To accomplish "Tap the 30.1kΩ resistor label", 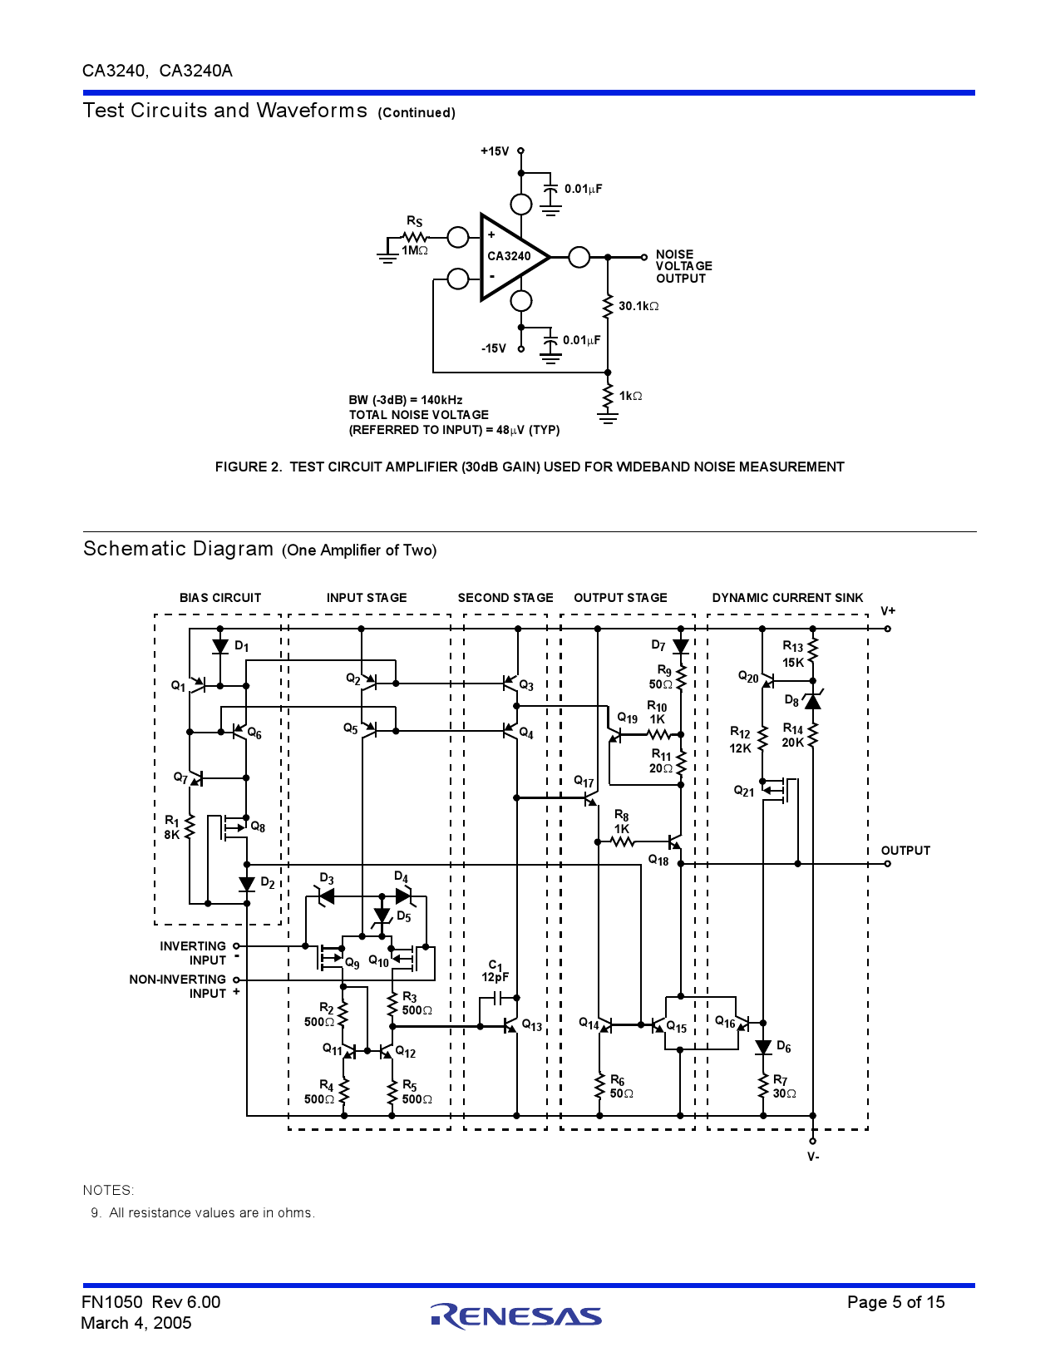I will [x=638, y=306].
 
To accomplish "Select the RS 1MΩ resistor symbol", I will [x=414, y=238].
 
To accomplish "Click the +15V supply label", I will [x=495, y=151].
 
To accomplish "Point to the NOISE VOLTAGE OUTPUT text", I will [x=683, y=266].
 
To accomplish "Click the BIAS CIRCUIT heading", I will [x=220, y=598].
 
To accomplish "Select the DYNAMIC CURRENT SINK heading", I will [x=787, y=598].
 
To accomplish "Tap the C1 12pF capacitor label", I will [x=495, y=971].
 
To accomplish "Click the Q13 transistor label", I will [x=532, y=1025].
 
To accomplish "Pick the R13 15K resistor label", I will [x=793, y=654].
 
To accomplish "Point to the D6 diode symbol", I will [x=763, y=1048].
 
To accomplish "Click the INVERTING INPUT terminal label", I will [x=193, y=953].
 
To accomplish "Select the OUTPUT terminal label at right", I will [x=905, y=851].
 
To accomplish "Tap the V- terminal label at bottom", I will [x=813, y=1157].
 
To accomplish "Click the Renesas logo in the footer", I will [x=516, y=1315].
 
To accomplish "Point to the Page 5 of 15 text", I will [x=895, y=1302].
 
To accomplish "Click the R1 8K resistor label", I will [x=172, y=827].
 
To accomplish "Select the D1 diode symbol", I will [x=220, y=646].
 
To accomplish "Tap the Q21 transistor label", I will [x=744, y=791].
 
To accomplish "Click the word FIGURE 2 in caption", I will [x=248, y=467].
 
